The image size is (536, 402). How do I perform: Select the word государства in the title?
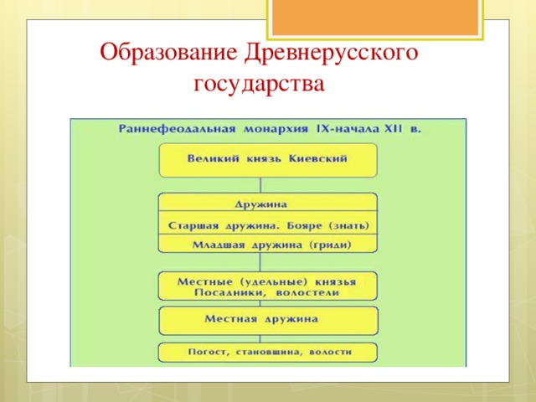(259, 83)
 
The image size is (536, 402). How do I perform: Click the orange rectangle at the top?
(375, 18)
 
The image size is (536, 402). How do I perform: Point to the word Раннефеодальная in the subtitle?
(177, 129)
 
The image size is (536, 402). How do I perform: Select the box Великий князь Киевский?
(268, 160)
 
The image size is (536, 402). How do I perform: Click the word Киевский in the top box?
(318, 158)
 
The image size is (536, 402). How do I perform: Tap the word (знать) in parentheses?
(349, 226)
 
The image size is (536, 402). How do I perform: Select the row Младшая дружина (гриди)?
(268, 244)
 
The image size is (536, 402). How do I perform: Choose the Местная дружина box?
(268, 321)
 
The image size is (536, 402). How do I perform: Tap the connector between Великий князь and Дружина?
(260, 185)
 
